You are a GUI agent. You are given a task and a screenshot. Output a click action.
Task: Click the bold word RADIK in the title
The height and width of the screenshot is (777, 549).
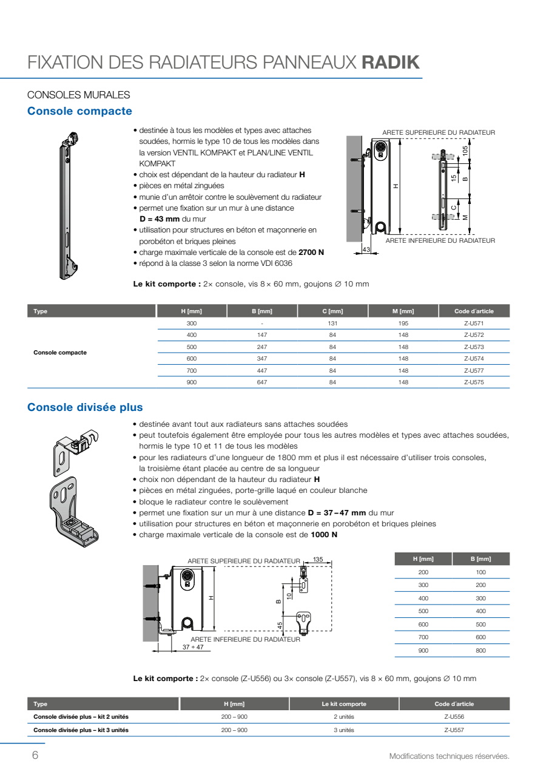coord(391,63)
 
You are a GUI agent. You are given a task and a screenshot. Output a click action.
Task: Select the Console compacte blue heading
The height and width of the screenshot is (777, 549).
coord(79,111)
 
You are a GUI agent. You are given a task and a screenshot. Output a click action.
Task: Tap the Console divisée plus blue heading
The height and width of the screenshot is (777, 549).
coord(85,407)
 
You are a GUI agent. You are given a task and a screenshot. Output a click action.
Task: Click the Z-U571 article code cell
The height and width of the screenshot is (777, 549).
coord(474,324)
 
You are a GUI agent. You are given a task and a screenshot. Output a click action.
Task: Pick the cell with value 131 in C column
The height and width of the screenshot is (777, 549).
coord(332,324)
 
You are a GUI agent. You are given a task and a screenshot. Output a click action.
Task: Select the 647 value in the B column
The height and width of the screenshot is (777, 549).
coord(262,382)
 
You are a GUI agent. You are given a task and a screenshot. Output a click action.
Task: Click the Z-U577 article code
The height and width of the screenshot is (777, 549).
coord(474,370)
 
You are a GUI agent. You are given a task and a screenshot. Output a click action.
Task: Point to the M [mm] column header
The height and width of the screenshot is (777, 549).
coord(403,311)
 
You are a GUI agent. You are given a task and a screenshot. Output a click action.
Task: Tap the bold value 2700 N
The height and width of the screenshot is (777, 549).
coord(311,252)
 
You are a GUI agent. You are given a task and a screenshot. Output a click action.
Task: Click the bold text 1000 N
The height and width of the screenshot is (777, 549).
coord(324,535)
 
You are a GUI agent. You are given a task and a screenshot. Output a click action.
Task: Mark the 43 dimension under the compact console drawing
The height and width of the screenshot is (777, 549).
coord(366,249)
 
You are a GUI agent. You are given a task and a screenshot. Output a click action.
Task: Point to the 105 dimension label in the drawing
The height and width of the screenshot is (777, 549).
coord(465,150)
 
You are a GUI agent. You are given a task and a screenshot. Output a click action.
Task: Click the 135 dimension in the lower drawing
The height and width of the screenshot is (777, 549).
coord(318,559)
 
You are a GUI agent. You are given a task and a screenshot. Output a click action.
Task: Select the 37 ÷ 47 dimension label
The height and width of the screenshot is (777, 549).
coord(193,647)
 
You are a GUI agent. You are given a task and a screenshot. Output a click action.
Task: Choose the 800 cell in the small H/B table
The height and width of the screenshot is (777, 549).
coord(480,650)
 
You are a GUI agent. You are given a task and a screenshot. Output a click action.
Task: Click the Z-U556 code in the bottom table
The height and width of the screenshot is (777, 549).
coord(454,717)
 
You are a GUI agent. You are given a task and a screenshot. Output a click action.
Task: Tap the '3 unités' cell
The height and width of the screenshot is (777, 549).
coord(344,730)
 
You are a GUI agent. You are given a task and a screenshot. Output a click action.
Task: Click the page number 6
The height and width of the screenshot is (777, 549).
coord(35,755)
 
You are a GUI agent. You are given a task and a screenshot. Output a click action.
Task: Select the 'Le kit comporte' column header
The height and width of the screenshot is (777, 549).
coord(344,704)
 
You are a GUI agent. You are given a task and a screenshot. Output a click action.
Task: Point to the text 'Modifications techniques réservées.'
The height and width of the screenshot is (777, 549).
coord(449,756)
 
